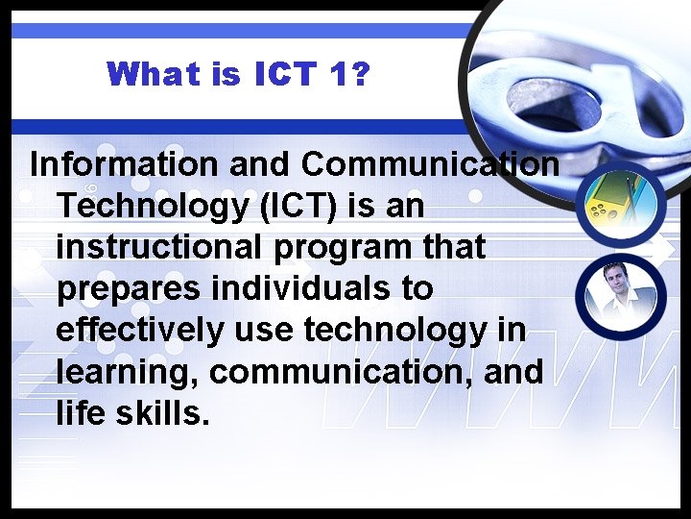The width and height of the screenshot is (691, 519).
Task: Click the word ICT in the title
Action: pos(289,73)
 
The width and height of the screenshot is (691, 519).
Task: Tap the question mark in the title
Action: pos(361,73)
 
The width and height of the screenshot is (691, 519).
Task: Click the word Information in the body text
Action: pos(125,164)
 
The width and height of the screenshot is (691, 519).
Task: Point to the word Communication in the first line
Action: pos(430,164)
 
